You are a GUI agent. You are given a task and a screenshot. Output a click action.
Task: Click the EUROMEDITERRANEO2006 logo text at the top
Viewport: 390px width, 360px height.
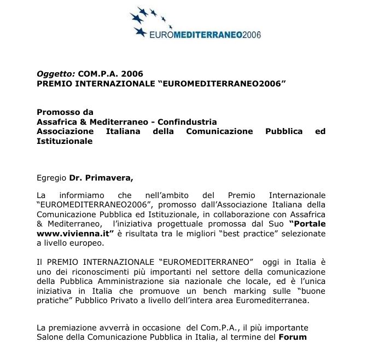pyautogui.click(x=205, y=35)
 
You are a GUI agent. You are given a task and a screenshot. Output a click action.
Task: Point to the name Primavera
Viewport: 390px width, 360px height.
pyautogui.click(x=109, y=178)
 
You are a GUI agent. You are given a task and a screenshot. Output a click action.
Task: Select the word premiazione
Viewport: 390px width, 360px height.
pyautogui.click(x=71, y=328)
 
